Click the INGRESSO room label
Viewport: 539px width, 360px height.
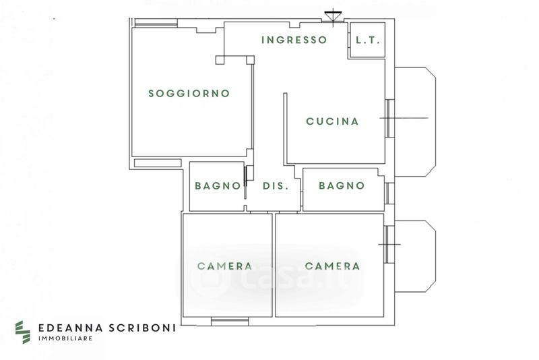point(294,40)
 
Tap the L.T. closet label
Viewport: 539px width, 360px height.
point(368,40)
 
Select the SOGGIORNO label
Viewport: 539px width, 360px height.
point(189,93)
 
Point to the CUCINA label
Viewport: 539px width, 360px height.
point(332,121)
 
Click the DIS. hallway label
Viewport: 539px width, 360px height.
point(276,186)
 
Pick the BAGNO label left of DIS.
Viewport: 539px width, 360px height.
point(218,185)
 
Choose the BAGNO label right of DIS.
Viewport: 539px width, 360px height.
point(342,185)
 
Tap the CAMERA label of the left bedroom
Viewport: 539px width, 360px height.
point(225,266)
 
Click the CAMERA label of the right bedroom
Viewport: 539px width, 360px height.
point(332,266)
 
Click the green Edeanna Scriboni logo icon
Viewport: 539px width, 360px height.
point(23,332)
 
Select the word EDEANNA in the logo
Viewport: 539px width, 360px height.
point(71,328)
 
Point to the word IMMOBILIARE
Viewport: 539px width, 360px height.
point(65,338)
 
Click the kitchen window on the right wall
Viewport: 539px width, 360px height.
point(389,118)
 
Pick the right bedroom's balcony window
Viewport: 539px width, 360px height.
point(389,244)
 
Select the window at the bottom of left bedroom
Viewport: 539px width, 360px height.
point(230,322)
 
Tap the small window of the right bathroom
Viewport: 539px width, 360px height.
point(389,193)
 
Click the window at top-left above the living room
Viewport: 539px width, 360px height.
point(156,23)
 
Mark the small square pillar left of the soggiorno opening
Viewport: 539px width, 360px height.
point(220,60)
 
